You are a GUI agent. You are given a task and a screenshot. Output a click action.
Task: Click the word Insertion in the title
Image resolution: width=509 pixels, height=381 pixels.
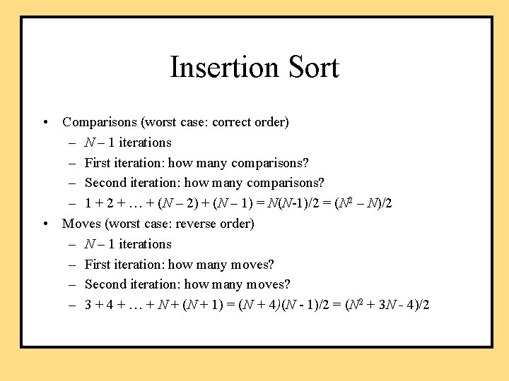coord(224,67)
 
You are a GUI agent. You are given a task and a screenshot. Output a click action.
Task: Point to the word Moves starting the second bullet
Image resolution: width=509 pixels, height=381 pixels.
coord(81,224)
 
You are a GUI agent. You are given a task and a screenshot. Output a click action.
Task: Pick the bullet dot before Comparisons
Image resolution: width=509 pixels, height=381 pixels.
coord(45,122)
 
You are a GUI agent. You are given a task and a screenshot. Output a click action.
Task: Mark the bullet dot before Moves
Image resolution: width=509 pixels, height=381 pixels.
coord(45,224)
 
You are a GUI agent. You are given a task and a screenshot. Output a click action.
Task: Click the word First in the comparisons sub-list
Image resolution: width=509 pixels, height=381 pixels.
coord(98,163)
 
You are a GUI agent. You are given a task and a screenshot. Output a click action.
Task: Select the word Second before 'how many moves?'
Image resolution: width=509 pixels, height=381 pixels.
coord(106,284)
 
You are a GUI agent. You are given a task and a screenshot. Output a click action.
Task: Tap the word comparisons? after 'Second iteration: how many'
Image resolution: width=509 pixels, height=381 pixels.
coord(286,183)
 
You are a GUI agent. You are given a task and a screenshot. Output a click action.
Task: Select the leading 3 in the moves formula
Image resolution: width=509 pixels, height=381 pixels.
coord(88,305)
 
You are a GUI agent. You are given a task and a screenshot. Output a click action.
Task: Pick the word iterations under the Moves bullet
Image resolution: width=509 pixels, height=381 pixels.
coord(145,244)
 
